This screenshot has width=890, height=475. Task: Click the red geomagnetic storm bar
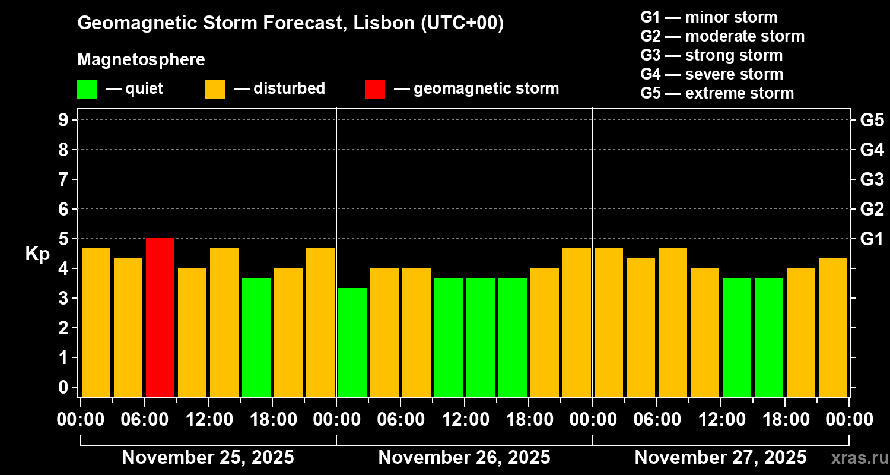[x=160, y=318]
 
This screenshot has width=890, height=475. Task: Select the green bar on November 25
[x=256, y=337]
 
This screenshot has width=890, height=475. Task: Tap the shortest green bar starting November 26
[x=352, y=342]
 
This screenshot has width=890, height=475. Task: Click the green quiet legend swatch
[x=87, y=90]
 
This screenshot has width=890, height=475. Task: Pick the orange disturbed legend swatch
[x=215, y=90]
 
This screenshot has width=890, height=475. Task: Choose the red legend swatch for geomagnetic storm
[x=375, y=90]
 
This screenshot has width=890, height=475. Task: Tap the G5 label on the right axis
[x=872, y=121]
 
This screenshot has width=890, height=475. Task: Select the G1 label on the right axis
[x=872, y=239]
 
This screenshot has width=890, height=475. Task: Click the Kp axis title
[x=37, y=254]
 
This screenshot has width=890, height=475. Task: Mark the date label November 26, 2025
[x=464, y=458]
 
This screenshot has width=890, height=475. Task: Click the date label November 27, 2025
[x=720, y=458]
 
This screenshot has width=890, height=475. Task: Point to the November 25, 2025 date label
[x=208, y=458]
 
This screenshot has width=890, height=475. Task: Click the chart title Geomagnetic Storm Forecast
[x=291, y=24]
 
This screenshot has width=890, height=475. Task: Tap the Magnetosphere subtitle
[x=141, y=60]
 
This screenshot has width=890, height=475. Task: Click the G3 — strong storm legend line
[x=711, y=55]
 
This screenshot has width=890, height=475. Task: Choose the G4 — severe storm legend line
[x=712, y=74]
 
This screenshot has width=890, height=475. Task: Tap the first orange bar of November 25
[x=96, y=322]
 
